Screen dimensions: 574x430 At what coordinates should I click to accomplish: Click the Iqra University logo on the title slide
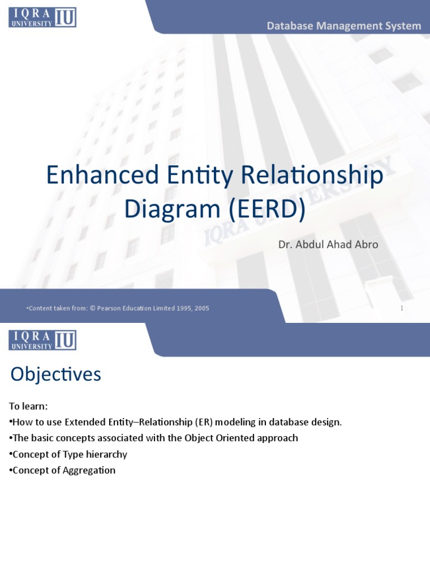[x=42, y=17]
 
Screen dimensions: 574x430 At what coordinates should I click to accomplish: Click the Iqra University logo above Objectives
[x=42, y=340]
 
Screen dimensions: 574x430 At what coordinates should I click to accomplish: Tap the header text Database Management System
[x=344, y=26]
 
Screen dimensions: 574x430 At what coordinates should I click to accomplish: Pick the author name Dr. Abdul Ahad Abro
[x=328, y=245]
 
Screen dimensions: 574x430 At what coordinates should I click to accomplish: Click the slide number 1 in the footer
[x=401, y=308]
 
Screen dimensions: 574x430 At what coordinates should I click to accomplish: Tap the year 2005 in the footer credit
[x=202, y=308]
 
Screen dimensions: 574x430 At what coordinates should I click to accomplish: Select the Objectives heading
[x=55, y=374]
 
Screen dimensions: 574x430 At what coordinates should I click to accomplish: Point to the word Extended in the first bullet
[x=84, y=422]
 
